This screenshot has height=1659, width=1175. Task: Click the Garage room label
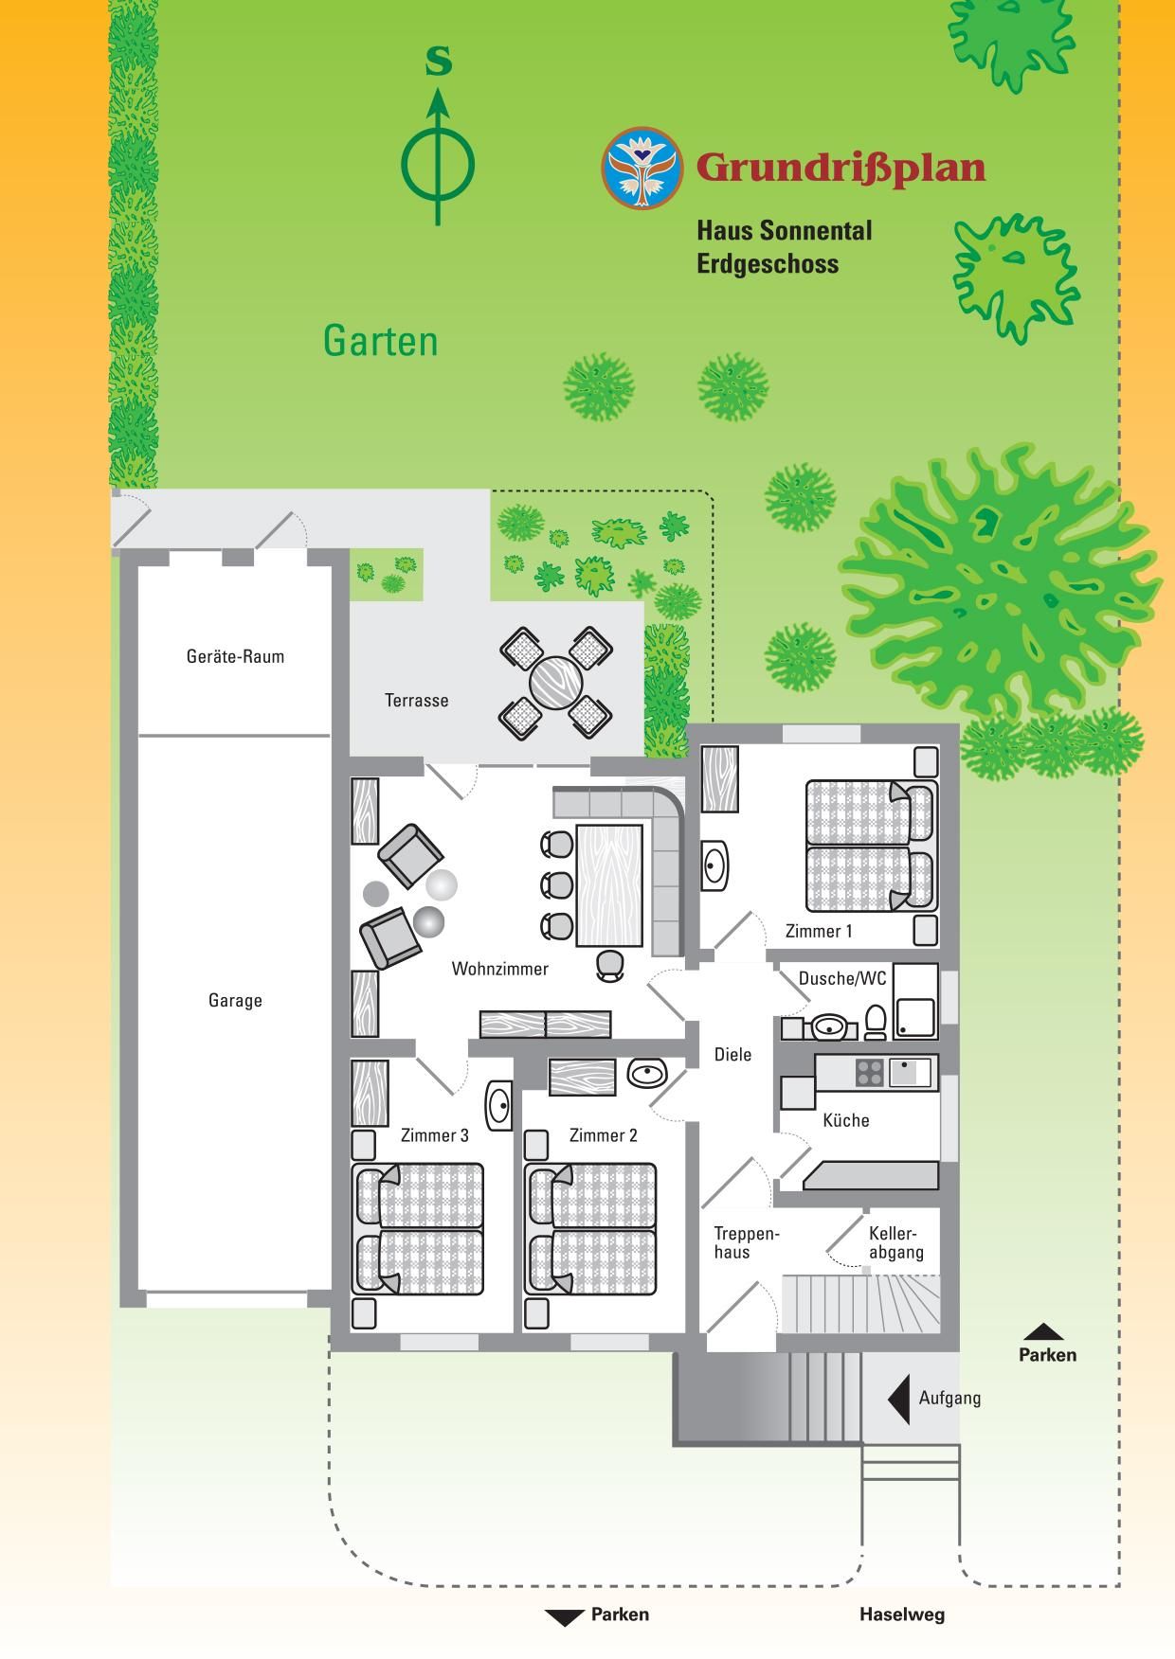click(235, 1000)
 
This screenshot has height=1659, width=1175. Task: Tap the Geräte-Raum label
click(235, 656)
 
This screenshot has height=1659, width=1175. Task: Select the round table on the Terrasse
click(555, 683)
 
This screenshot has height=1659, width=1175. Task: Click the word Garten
click(381, 340)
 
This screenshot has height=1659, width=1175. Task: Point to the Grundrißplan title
click(841, 168)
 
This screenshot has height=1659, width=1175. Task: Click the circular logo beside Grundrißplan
click(642, 168)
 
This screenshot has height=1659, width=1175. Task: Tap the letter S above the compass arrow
click(438, 61)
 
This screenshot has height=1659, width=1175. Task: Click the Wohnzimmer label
click(499, 969)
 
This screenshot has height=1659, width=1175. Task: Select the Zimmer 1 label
click(819, 931)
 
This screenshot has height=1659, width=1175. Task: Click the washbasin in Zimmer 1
click(715, 865)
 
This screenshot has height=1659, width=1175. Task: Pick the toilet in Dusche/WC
click(876, 1023)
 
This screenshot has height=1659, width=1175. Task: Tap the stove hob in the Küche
click(870, 1072)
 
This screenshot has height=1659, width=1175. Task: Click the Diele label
click(732, 1054)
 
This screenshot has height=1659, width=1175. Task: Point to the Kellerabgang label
click(895, 1243)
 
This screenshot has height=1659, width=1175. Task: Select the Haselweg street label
click(902, 1614)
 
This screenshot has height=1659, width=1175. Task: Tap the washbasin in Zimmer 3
click(499, 1104)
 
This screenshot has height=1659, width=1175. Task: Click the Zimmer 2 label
click(603, 1135)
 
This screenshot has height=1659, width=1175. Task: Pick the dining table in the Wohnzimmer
click(610, 885)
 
